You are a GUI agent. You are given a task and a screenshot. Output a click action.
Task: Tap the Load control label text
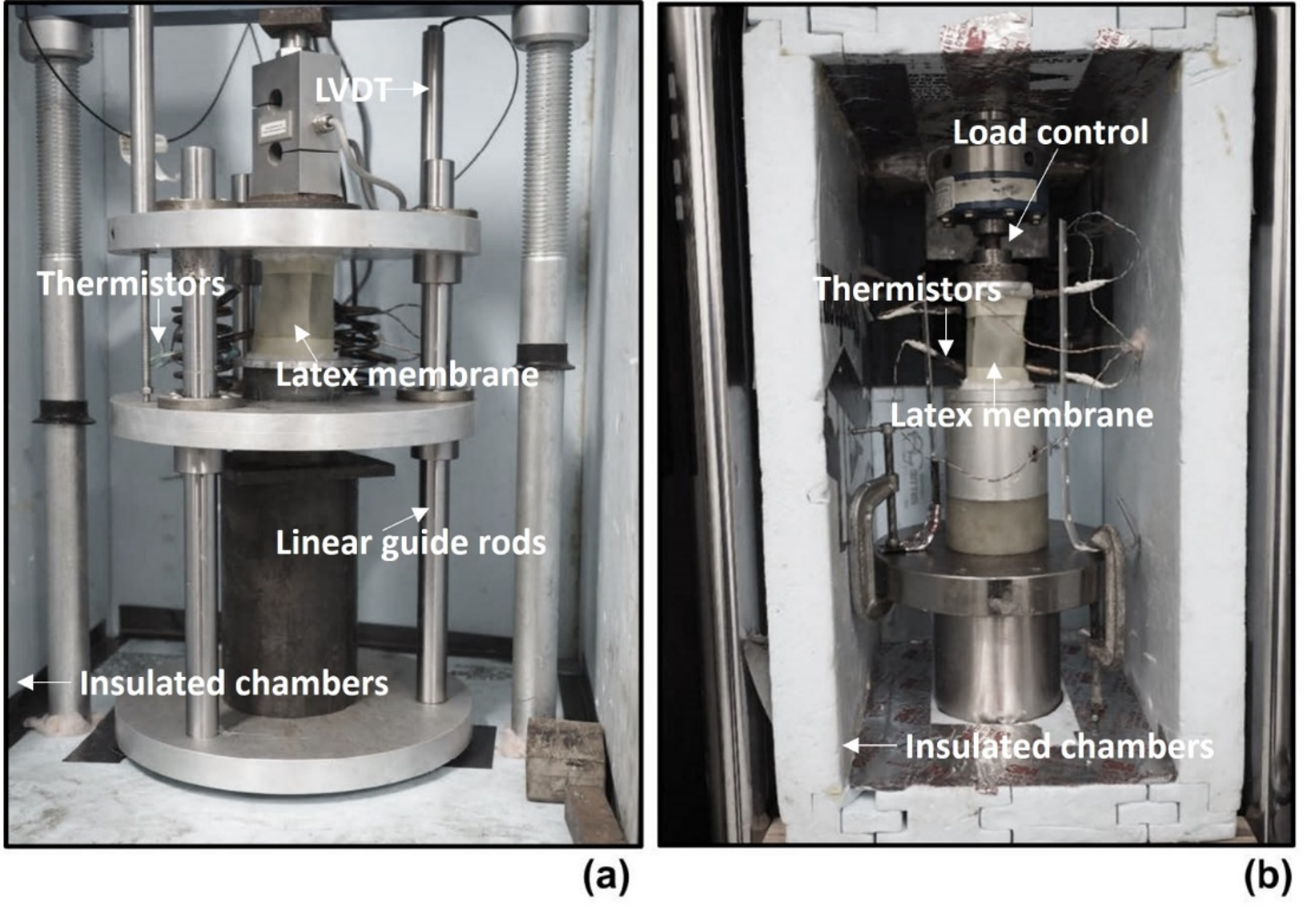coord(1049,132)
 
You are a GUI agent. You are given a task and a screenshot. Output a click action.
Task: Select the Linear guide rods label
coord(410,543)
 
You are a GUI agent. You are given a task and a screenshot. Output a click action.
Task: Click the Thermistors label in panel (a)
coord(131,284)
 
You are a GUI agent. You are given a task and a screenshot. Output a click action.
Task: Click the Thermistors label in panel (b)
coord(907,289)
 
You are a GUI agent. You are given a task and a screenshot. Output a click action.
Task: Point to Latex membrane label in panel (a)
coord(407,375)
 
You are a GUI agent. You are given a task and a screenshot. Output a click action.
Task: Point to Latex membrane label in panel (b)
coord(1021,415)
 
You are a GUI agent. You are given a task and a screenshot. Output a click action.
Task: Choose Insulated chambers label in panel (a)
coord(233,683)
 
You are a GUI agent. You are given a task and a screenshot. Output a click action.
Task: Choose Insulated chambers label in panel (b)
coord(1059,747)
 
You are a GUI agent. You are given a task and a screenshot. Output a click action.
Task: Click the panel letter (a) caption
coord(605,876)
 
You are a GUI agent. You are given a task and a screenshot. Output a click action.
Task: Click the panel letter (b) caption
coord(1267,876)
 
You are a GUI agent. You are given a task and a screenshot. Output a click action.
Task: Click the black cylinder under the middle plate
coord(288,585)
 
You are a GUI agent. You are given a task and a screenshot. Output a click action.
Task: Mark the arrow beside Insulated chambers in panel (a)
coord(43,682)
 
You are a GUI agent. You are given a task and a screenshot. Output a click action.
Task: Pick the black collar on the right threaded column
coord(545,356)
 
